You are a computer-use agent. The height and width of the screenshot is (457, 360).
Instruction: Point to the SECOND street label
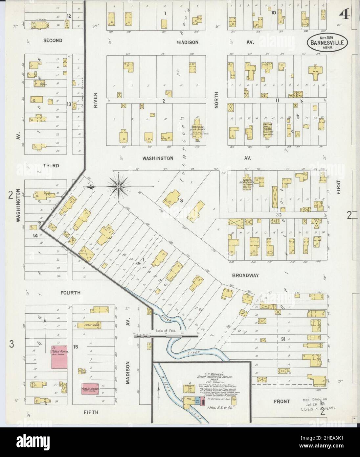coord(53,40)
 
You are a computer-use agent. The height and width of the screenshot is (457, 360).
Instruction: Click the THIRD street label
coord(51,166)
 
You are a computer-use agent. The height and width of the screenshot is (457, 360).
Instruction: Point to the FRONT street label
coord(282,401)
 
